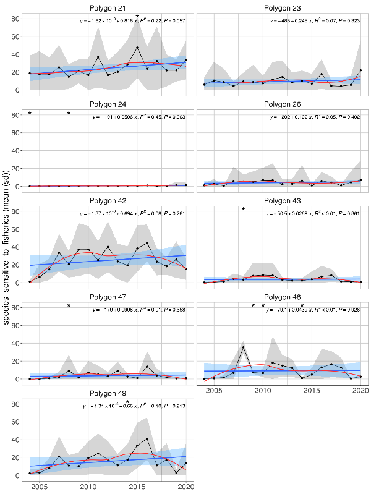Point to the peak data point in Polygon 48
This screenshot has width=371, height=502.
tap(244, 347)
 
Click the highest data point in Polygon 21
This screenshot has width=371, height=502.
tap(137, 48)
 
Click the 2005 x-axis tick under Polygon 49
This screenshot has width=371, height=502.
tap(39, 487)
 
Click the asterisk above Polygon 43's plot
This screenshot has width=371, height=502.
tap(244, 210)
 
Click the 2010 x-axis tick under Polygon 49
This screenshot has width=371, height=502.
tap(88, 487)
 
